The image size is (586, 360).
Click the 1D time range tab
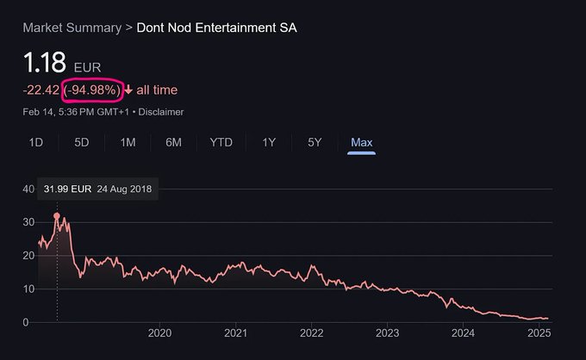pos(36,142)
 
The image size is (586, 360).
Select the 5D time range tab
pos(82,142)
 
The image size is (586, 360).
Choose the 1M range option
pos(128,142)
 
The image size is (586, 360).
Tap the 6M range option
pos(173,142)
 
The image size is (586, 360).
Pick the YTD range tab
pos(221,142)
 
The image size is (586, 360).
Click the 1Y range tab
pos(269,142)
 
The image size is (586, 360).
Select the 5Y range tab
pos(315,142)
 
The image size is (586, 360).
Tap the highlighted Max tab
pos(361,142)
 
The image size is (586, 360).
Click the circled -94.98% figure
pos(92,90)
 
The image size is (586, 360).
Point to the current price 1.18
pos(45,62)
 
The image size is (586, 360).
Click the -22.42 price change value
pos(41,90)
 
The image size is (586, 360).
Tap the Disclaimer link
pos(161,112)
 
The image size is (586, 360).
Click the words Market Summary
pos(72,28)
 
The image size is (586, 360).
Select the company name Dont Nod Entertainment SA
pos(217,28)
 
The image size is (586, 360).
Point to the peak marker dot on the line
pos(57,216)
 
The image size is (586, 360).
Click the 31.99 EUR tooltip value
pos(67,189)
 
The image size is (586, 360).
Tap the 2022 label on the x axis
pos(311,332)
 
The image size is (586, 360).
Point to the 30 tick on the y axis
pos(28,222)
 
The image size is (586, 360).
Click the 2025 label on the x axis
pos(539,332)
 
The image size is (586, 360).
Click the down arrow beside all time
pos(128,90)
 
